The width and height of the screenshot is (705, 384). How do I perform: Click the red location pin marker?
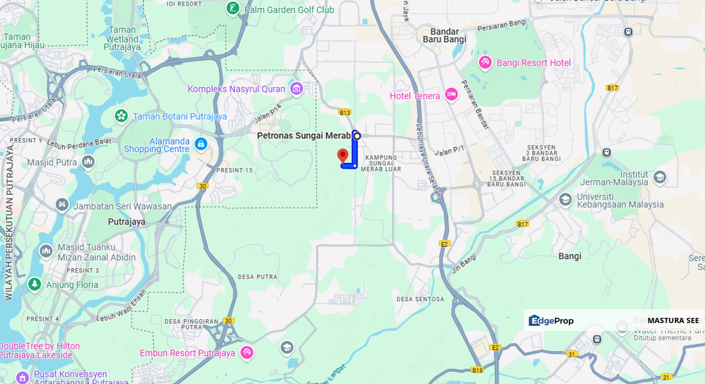tap(343, 156)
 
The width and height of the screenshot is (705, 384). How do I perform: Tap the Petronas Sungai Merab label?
tap(304, 135)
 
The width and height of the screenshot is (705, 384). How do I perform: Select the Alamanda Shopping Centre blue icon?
tap(201, 143)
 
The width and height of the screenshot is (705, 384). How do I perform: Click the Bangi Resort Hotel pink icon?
tap(485, 62)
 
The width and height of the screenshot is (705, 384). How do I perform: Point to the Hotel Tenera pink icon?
tap(451, 95)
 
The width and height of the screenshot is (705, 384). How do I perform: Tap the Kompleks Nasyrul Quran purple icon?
tap(297, 89)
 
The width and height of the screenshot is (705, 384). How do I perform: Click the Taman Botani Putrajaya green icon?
tap(121, 116)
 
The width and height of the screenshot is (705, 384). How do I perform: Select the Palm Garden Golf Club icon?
tap(233, 8)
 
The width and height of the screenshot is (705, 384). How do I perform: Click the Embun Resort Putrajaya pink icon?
tap(246, 353)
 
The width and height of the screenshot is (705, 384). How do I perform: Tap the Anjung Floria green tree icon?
tap(35, 284)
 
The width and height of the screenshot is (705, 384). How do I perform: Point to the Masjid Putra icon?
tap(88, 162)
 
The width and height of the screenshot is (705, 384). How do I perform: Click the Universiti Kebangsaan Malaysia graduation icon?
tap(565, 200)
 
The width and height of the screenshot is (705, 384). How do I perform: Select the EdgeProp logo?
tap(551, 321)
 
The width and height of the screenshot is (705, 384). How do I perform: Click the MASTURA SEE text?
tap(673, 321)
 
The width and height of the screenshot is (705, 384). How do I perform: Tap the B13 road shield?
tap(345, 113)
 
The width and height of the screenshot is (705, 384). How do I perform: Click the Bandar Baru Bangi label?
tap(444, 35)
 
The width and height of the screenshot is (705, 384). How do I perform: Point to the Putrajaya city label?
tap(127, 222)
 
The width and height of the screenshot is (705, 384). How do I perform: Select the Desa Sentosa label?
tap(420, 299)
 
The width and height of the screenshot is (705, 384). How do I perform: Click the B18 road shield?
tap(477, 370)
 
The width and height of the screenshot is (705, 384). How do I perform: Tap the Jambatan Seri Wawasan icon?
tap(62, 205)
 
